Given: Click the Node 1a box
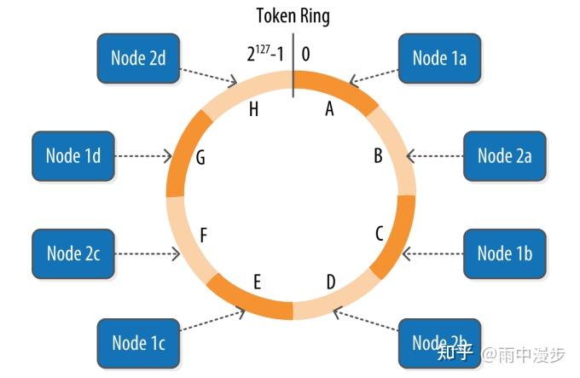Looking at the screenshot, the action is (x=439, y=58).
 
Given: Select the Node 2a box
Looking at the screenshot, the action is (x=505, y=156).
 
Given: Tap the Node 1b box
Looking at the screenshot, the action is (x=505, y=253).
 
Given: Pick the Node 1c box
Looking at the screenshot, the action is (x=138, y=343).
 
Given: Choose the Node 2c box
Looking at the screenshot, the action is (x=73, y=253).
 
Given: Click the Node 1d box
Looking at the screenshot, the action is (x=73, y=156).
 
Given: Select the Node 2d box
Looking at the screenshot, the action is (x=138, y=58).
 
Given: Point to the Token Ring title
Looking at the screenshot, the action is (x=293, y=16).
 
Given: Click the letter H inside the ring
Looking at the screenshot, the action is (x=253, y=109).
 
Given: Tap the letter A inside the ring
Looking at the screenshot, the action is (x=329, y=108).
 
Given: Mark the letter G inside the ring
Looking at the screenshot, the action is (x=200, y=158).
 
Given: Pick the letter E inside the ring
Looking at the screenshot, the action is (x=257, y=282).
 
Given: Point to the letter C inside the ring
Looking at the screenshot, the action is (x=380, y=234).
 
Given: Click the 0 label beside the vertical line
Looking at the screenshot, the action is (x=305, y=54).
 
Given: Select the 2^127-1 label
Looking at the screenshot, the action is (x=265, y=54).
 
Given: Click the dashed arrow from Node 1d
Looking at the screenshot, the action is (x=143, y=156).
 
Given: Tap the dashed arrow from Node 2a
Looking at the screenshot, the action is (x=435, y=156).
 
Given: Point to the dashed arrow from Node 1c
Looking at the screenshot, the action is (x=212, y=320).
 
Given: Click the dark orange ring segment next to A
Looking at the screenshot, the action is (x=338, y=90).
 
